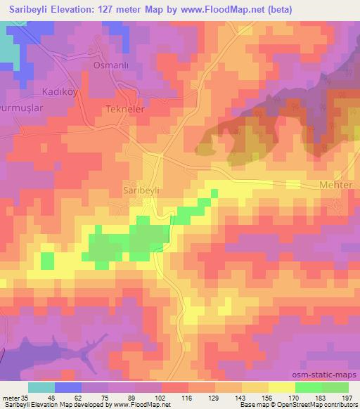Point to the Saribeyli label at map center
(x=143, y=190)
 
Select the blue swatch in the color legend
(x=67, y=387)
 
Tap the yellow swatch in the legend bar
(x=281, y=387)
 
